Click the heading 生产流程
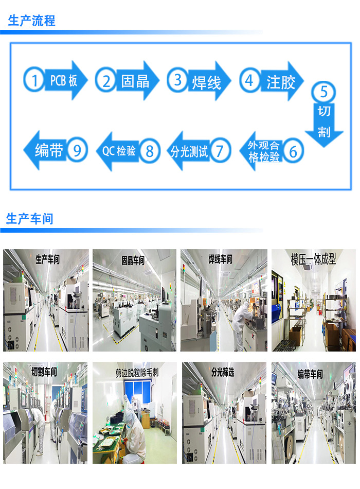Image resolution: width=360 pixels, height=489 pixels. pyautogui.click(x=31, y=21)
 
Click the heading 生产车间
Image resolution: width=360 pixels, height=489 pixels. pyautogui.click(x=30, y=218)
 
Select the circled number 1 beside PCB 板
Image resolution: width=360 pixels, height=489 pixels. pyautogui.click(x=34, y=80)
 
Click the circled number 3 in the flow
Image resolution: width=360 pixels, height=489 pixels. pyautogui.click(x=178, y=80)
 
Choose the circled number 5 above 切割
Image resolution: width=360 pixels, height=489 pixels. pyautogui.click(x=324, y=92)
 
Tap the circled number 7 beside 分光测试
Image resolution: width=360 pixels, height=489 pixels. pyautogui.click(x=220, y=151)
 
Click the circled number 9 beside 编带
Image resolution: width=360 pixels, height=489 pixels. pyautogui.click(x=77, y=150)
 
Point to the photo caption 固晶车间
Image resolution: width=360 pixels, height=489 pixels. pyautogui.click(x=133, y=260)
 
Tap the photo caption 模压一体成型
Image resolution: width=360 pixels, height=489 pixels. pyautogui.click(x=313, y=259)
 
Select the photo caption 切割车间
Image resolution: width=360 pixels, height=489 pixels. pyautogui.click(x=44, y=372)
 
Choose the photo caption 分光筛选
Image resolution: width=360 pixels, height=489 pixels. pyautogui.click(x=222, y=372)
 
